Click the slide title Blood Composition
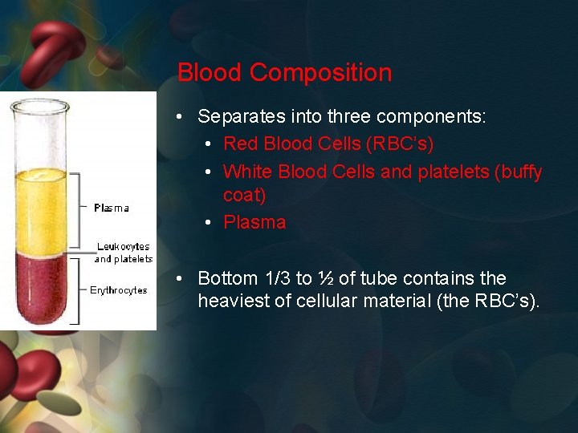[x=284, y=73]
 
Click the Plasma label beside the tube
[x=111, y=208]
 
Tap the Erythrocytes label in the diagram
[x=118, y=290]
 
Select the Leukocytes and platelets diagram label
[x=123, y=253]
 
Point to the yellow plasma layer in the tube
[x=41, y=208]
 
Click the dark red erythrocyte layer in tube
[x=41, y=289]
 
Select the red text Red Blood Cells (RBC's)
[x=328, y=144]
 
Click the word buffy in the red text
[x=520, y=172]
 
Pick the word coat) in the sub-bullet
[x=244, y=196]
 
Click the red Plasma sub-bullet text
[x=254, y=222]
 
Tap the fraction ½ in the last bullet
[x=325, y=278]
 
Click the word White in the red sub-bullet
[x=247, y=172]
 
